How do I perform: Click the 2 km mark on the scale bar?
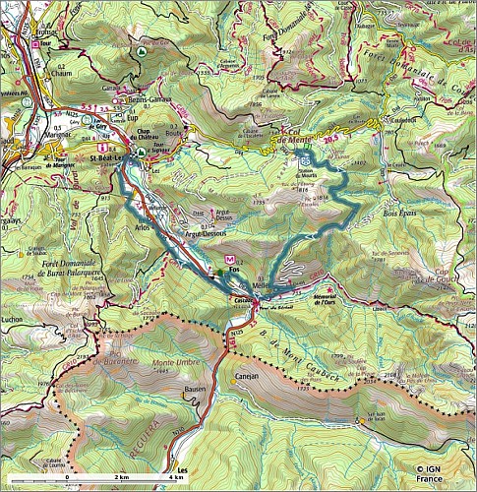121,476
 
